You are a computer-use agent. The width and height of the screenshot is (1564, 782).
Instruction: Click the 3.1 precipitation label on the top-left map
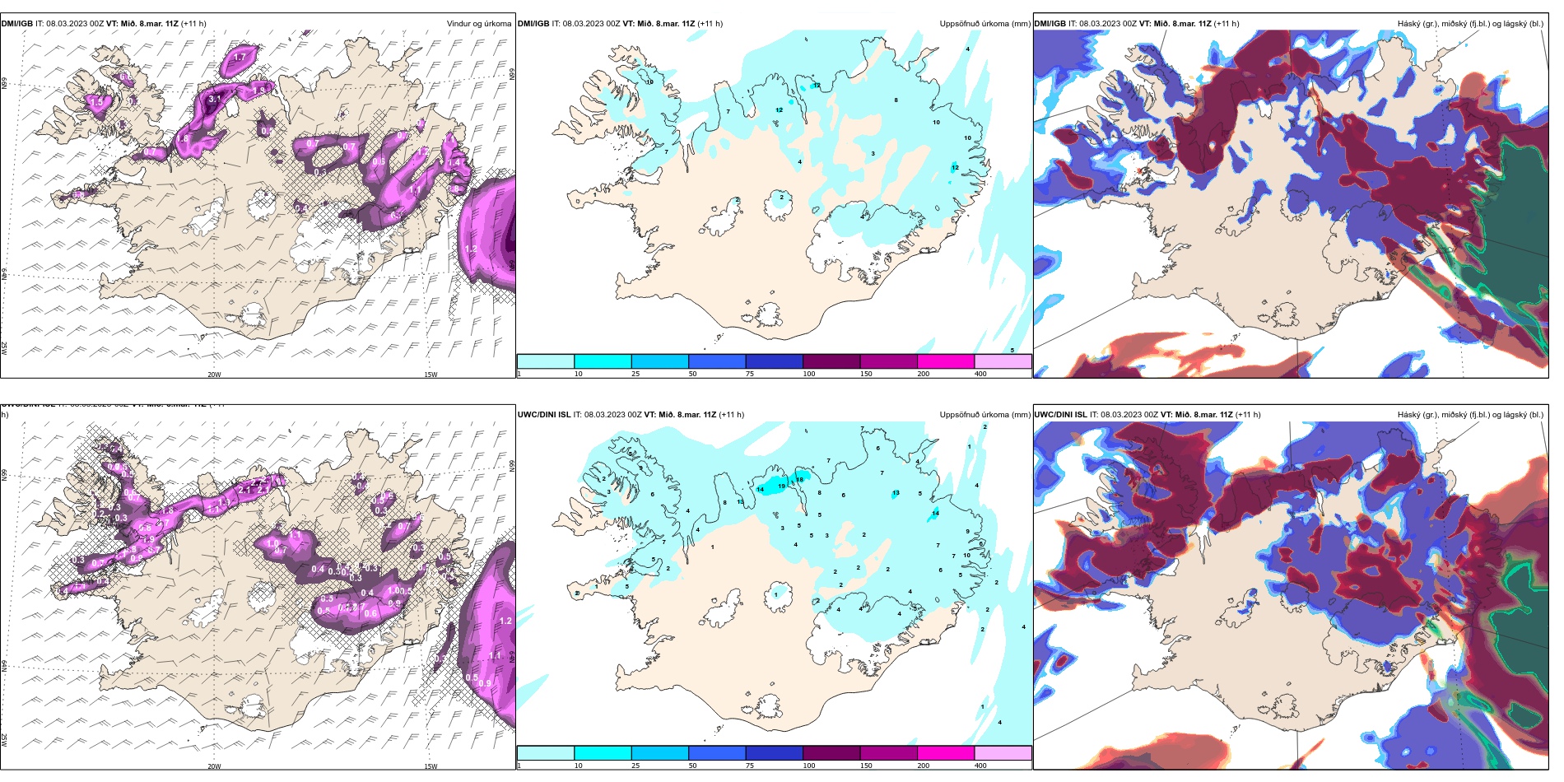[214, 99]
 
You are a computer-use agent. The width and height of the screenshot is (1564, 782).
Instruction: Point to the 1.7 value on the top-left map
[240, 57]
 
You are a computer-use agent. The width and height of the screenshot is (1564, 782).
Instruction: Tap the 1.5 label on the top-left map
[96, 102]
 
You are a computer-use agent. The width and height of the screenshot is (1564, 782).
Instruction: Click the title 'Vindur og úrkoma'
[479, 24]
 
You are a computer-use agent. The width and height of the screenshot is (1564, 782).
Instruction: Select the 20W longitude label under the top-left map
[214, 375]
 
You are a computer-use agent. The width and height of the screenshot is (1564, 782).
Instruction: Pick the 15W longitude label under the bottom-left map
[431, 766]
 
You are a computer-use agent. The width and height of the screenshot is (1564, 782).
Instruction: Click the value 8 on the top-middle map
[896, 100]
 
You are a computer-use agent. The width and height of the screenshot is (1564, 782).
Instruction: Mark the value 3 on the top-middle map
[873, 154]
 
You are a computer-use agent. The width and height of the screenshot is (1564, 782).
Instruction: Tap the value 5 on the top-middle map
[1012, 350]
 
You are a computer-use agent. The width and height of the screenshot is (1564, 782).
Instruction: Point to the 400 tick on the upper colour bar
[980, 374]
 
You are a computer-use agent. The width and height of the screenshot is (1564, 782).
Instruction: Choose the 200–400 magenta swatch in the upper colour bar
[946, 361]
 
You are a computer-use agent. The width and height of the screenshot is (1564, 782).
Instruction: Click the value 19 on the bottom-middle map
[781, 486]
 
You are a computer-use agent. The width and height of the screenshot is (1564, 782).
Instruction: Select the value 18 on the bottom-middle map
[799, 480]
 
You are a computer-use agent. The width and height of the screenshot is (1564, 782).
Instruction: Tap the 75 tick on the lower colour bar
[750, 766]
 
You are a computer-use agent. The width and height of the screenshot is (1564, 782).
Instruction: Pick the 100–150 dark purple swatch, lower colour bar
[831, 753]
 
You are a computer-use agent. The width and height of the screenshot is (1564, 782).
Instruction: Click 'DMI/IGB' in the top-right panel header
[1050, 24]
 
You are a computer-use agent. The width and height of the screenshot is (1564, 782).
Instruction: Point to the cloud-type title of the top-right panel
[1470, 24]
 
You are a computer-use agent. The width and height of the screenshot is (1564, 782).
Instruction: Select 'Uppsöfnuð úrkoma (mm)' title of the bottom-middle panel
[984, 415]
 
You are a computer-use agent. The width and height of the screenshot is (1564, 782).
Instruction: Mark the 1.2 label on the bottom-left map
[505, 621]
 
